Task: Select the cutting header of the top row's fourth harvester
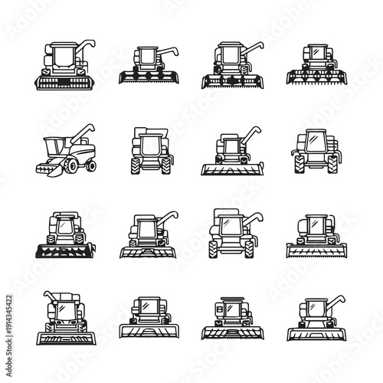tap(314, 77)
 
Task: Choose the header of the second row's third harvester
tap(231, 169)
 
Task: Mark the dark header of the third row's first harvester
tap(64, 249)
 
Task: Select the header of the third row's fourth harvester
tap(314, 250)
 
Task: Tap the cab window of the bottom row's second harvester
tap(146, 310)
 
